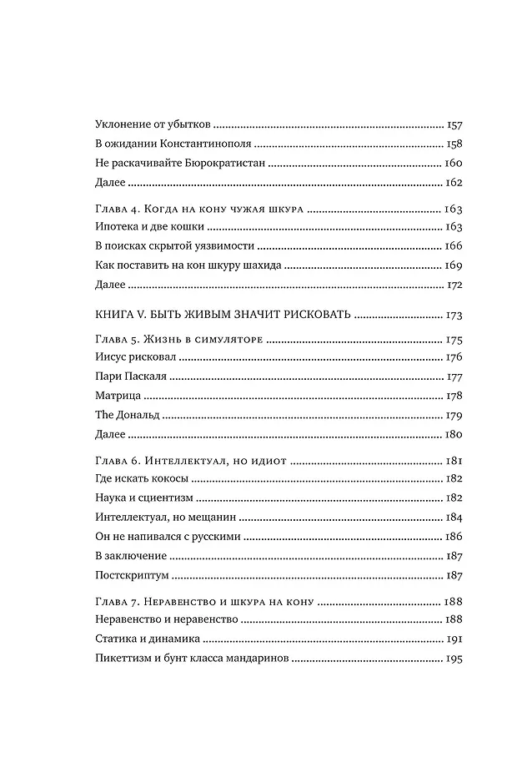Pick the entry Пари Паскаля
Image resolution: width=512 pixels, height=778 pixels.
point(123,376)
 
